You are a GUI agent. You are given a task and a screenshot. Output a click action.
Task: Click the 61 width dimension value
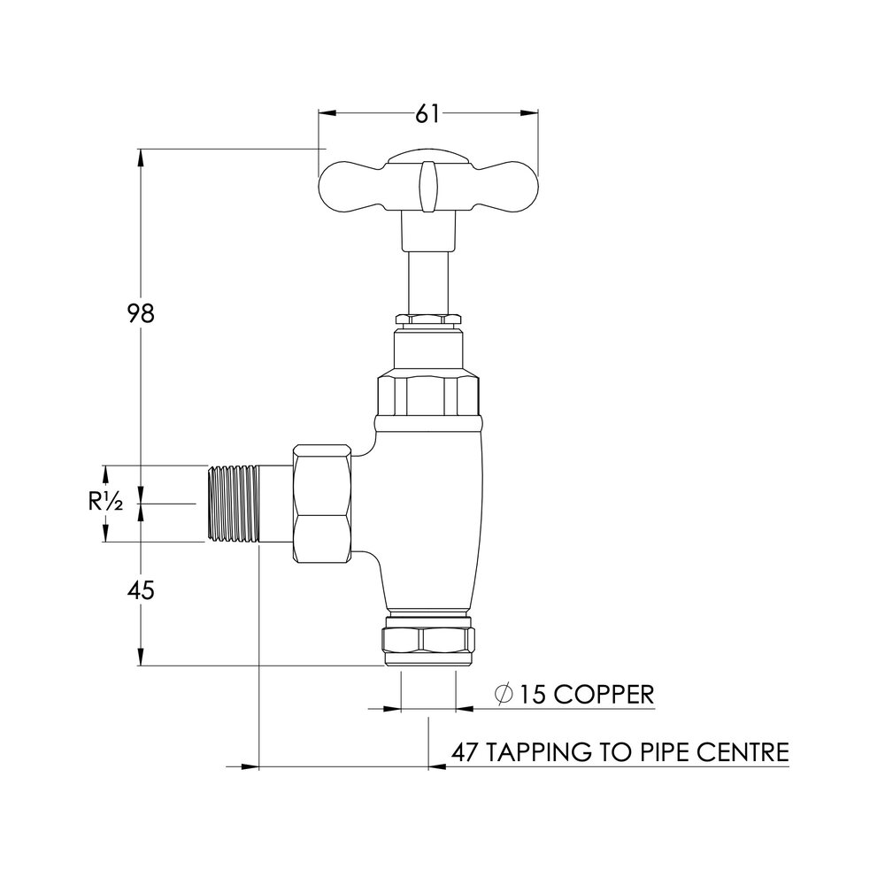coord(428,112)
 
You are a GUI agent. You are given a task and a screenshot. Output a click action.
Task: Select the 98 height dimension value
coord(140,313)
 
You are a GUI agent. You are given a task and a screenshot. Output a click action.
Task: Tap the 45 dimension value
coord(140,591)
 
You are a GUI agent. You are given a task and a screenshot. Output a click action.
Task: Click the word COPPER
coord(600,694)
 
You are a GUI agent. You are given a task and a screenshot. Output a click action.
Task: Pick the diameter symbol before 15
coord(503,695)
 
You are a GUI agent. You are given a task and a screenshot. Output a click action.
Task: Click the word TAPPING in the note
coord(539,753)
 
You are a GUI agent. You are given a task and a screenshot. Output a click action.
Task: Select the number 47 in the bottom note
coord(466,753)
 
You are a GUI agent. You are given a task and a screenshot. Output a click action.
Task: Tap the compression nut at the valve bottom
coord(428,643)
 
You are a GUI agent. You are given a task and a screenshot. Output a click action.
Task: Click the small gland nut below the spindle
coord(428,319)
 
